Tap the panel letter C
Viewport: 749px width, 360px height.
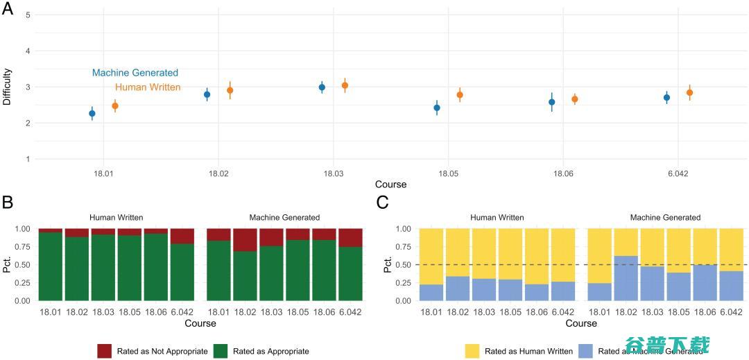tap(382, 203)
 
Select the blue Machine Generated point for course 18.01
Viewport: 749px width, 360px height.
tap(92, 113)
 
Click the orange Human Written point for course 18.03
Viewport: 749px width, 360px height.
tap(345, 85)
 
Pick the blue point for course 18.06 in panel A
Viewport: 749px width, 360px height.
tap(552, 102)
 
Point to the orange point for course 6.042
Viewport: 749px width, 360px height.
tap(689, 92)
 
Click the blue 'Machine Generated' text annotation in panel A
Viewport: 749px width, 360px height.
tap(135, 73)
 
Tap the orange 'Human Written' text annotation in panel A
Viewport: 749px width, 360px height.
tap(148, 87)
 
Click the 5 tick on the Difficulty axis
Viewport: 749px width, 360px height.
tap(28, 15)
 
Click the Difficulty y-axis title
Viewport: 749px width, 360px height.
tap(7, 87)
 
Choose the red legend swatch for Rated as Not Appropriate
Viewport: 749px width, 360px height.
tap(105, 351)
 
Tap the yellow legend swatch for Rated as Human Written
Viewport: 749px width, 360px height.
tap(474, 351)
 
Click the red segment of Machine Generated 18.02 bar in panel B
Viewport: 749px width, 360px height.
tap(246, 239)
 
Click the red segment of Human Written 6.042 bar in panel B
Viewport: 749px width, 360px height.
tap(183, 236)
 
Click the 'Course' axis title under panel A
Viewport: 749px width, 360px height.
tap(390, 185)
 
